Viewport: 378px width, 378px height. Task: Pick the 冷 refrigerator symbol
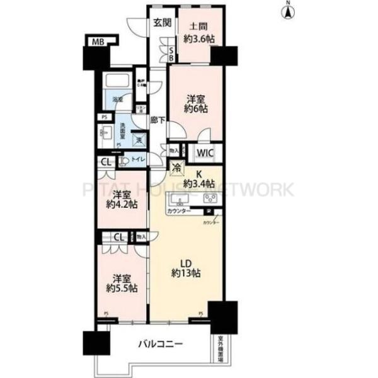pyautogui.click(x=176, y=168)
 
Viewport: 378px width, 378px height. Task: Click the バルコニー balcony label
pyautogui.click(x=162, y=344)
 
